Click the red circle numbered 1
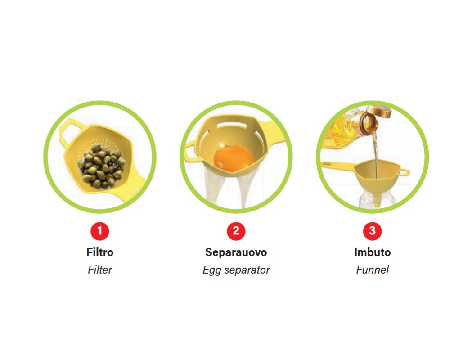coord(100,231)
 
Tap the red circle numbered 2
coord(236,231)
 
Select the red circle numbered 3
coord(372,231)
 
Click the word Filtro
coord(100,252)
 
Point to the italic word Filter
coord(100,270)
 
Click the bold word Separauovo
coord(236,252)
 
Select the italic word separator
coord(247,270)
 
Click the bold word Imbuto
coord(372,252)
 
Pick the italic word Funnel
coord(372,270)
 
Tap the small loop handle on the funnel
coord(405,172)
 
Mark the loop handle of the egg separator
coord(190,153)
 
